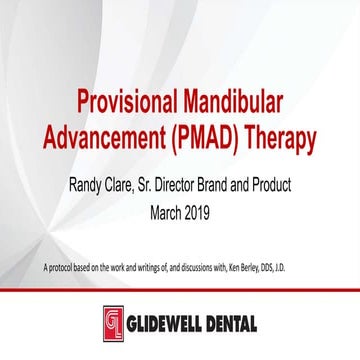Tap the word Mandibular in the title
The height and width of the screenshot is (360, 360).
(240, 102)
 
